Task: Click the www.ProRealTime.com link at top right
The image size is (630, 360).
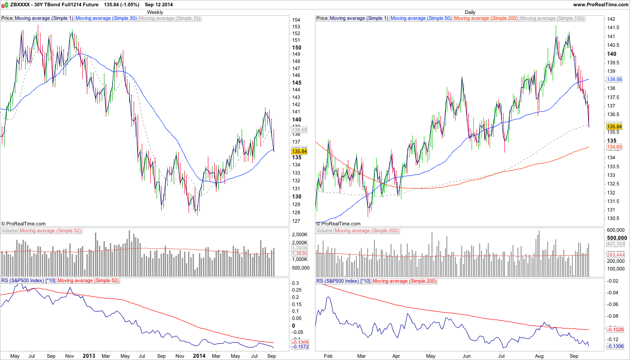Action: click(x=601, y=4)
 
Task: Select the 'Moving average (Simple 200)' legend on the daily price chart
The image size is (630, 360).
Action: click(x=486, y=18)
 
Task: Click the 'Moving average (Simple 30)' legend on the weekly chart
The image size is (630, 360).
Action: click(x=106, y=18)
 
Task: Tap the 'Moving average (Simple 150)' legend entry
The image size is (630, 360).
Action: click(x=552, y=18)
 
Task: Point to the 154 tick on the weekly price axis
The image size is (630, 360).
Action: click(x=296, y=20)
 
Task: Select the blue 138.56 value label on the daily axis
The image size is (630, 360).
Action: click(x=614, y=79)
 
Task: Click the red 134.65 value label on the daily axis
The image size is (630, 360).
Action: click(x=614, y=147)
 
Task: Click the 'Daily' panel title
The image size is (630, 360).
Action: click(x=470, y=12)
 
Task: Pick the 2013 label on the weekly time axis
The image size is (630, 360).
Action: click(x=89, y=355)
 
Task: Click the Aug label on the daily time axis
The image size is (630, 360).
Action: click(x=537, y=355)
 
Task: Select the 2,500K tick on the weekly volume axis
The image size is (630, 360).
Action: click(x=299, y=235)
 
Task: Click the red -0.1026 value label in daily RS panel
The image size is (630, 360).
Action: click(x=615, y=329)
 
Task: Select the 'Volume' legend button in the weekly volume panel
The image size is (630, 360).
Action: click(x=9, y=231)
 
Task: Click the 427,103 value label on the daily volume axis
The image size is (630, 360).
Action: click(x=615, y=243)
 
